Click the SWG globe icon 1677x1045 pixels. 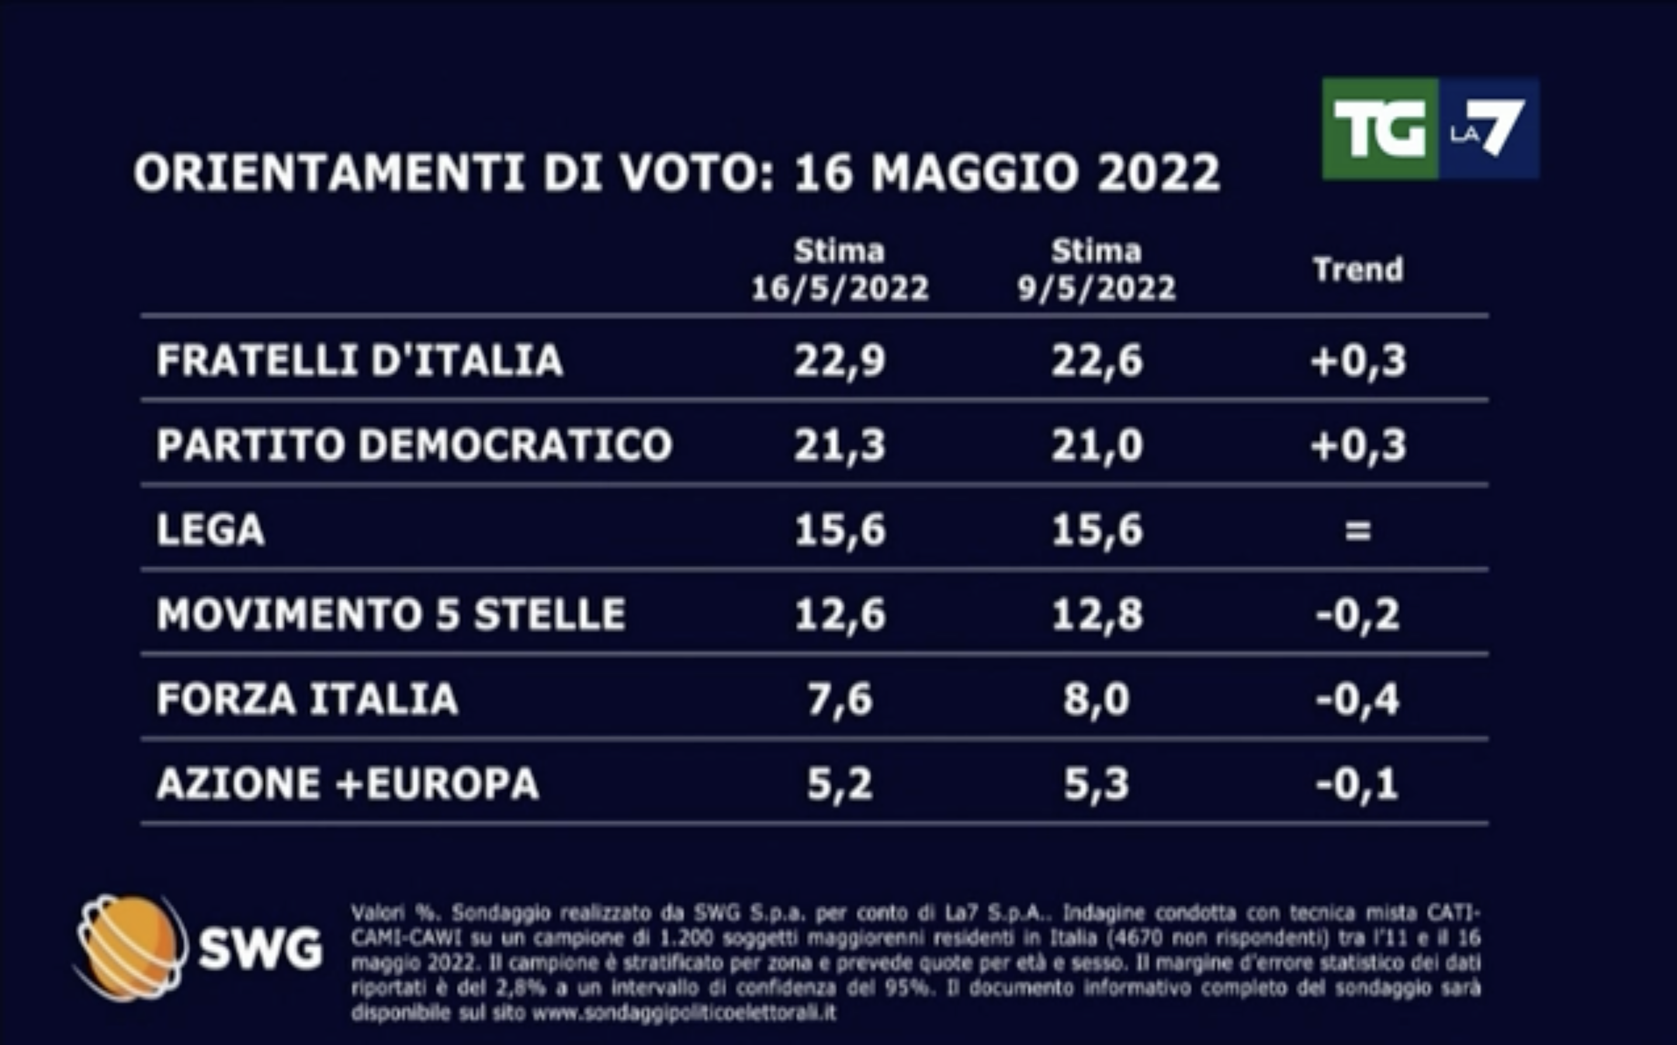click(x=130, y=947)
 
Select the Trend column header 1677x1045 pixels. click(x=1358, y=269)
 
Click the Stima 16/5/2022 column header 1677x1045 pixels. click(x=840, y=270)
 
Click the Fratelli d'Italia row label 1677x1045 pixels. click(x=359, y=361)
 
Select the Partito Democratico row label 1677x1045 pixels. click(x=414, y=444)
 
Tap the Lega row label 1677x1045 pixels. click(x=211, y=530)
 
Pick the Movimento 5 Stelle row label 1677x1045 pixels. click(x=391, y=614)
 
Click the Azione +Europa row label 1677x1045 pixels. click(x=348, y=784)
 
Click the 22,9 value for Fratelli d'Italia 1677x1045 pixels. click(x=840, y=361)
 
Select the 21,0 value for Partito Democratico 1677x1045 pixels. click(x=1097, y=444)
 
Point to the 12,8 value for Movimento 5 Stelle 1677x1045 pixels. click(x=1097, y=614)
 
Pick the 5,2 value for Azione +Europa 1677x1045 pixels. click(x=840, y=784)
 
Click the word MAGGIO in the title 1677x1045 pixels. click(x=974, y=173)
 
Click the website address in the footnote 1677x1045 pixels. click(x=684, y=1013)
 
